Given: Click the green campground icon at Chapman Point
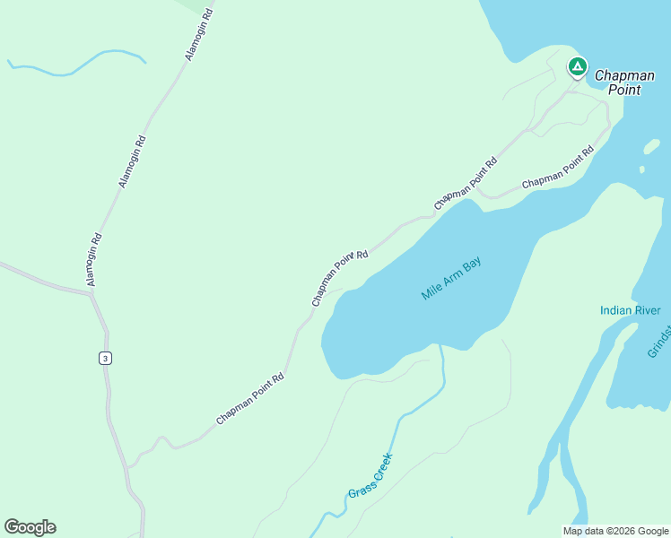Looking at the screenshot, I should tap(577, 67).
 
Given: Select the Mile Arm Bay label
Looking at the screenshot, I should tap(451, 280).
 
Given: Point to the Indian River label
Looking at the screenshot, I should tap(630, 311).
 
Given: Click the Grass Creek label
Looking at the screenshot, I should tap(370, 481).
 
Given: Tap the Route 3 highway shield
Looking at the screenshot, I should tap(106, 359).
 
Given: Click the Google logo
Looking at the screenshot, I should tap(30, 527).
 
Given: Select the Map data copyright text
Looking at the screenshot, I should tap(614, 531).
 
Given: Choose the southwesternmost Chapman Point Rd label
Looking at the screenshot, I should tap(249, 400).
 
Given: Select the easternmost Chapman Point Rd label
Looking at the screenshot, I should tap(558, 168).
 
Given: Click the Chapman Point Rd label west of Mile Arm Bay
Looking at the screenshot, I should tap(340, 278).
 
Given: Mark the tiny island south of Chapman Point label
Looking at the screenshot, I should tap(641, 169).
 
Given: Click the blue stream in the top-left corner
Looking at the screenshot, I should tap(76, 67).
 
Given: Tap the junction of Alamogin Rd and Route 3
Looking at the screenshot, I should tap(91, 296).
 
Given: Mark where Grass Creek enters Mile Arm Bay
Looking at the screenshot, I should tap(440, 344).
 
